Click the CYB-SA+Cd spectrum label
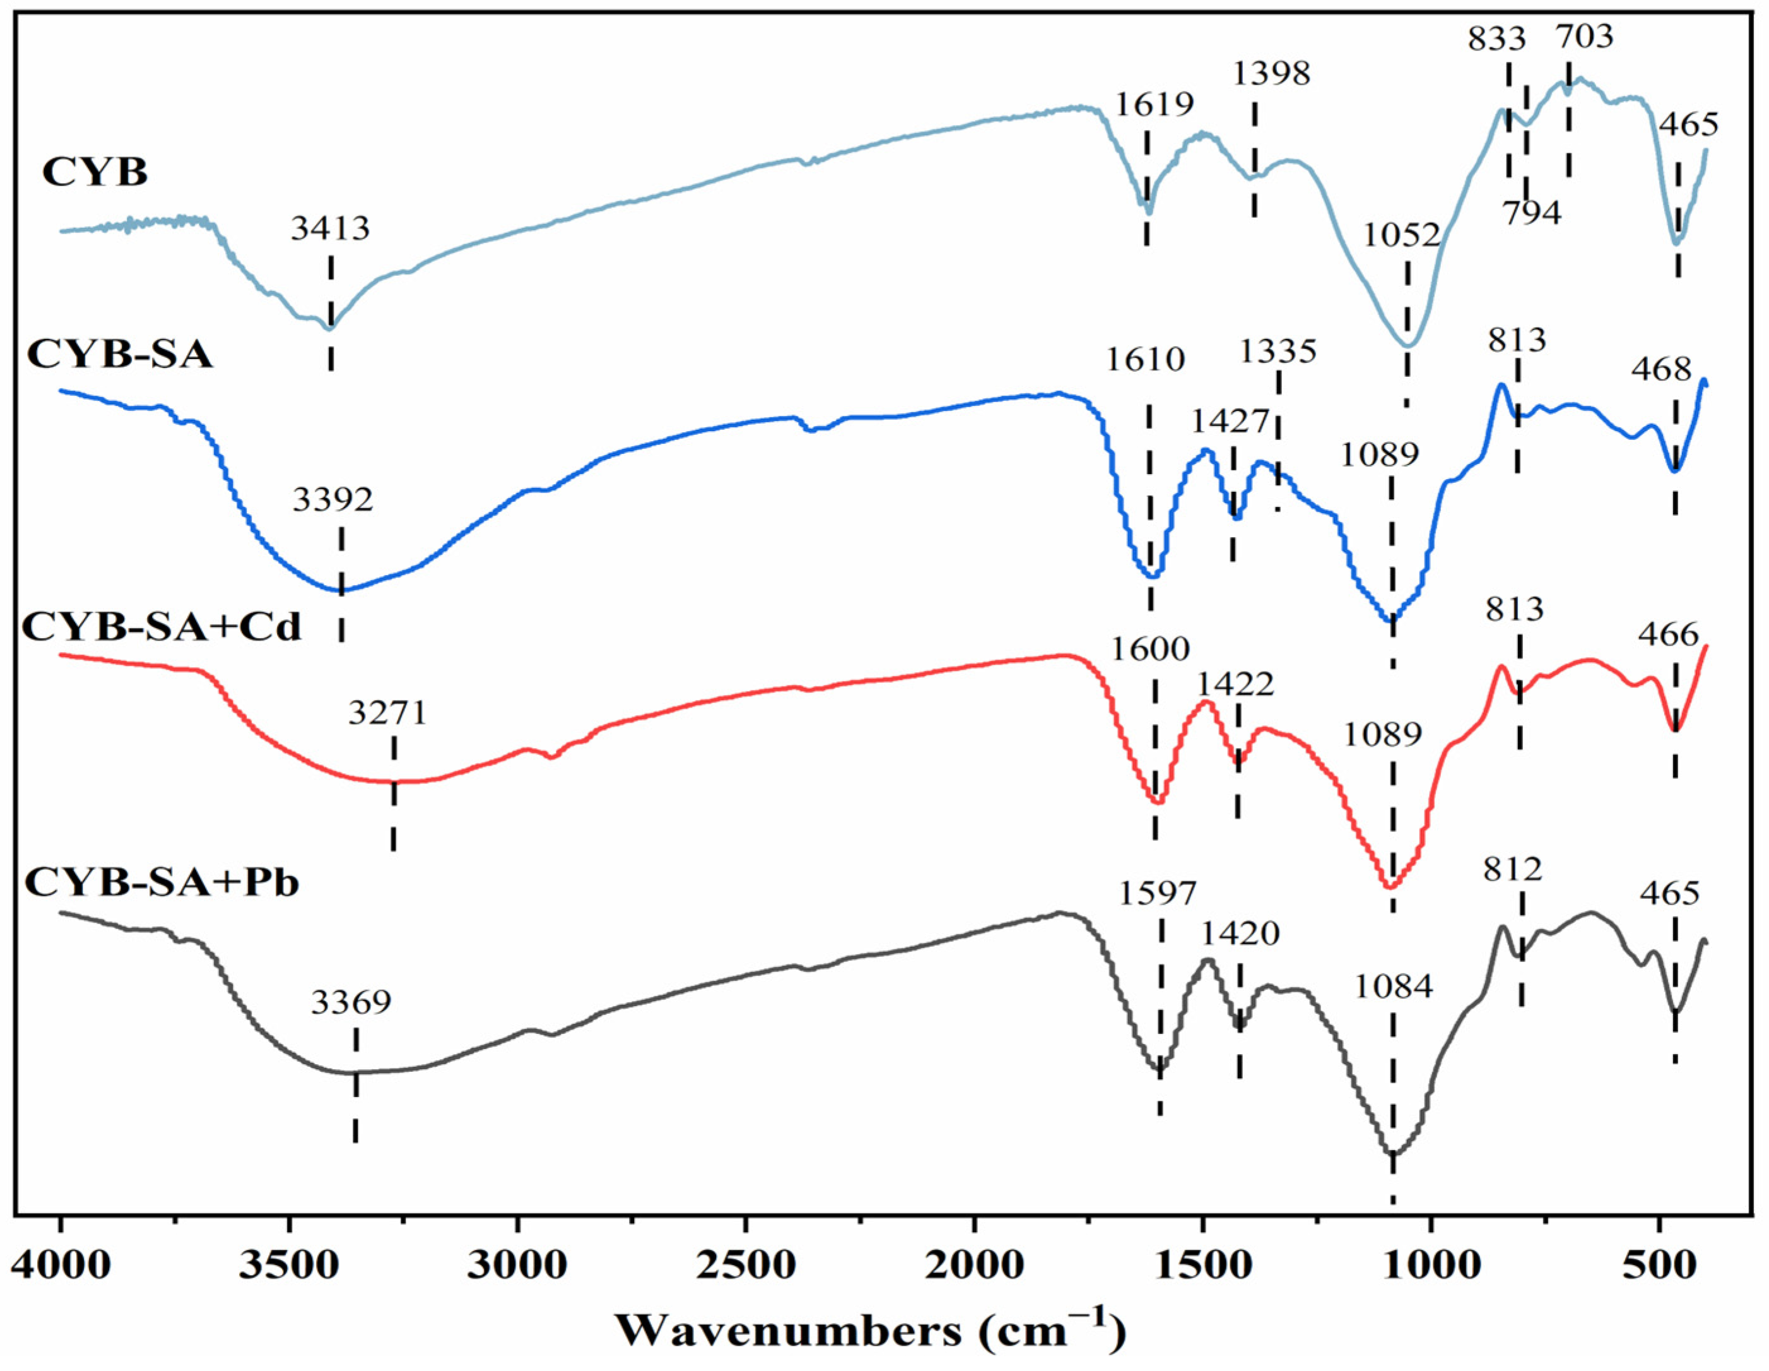[161, 626]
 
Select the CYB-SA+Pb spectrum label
[161, 882]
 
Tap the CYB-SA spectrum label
[120, 354]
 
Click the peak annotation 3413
[331, 229]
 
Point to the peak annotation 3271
[387, 713]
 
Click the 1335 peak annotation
[1278, 352]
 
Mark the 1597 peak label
[1158, 894]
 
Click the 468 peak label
[1662, 369]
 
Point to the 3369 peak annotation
[351, 1003]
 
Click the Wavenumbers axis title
[871, 1329]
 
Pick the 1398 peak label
[1271, 74]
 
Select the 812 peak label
[1513, 870]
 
